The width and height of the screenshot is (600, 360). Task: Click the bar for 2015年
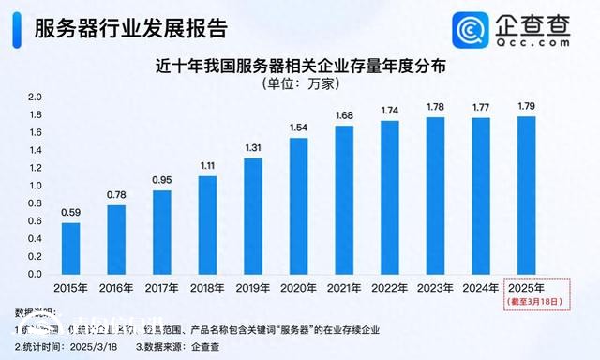69,248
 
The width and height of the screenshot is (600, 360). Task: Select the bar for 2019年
252,216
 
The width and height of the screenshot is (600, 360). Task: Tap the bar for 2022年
390,197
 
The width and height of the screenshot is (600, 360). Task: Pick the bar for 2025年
528,195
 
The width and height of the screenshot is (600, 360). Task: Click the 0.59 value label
69,213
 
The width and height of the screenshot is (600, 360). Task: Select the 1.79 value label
528,106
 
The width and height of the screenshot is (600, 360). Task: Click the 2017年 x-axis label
161,288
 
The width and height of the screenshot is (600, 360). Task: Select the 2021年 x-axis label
344,288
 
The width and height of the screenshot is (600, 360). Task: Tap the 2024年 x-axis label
482,288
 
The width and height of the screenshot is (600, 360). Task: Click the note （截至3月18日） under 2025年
528,301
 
